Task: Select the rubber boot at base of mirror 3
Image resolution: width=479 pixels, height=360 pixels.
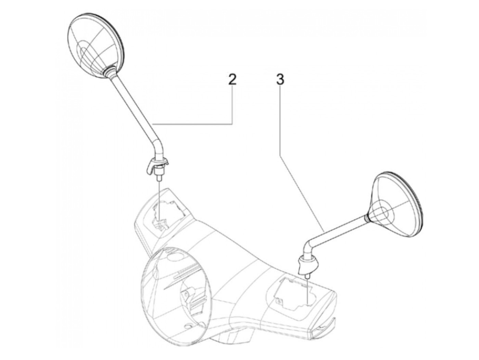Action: tap(307, 263)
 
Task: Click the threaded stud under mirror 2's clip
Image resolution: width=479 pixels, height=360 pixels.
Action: tap(158, 178)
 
